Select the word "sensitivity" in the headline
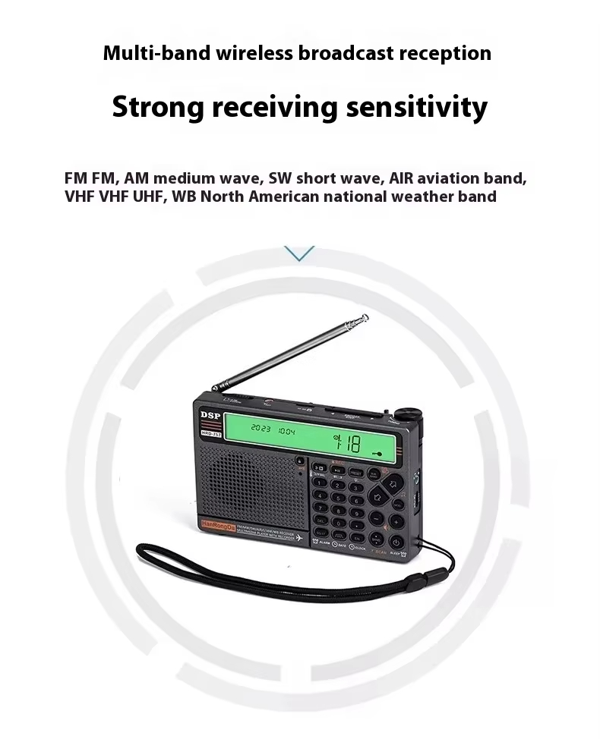416,107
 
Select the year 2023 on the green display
261,430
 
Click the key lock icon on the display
376,452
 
